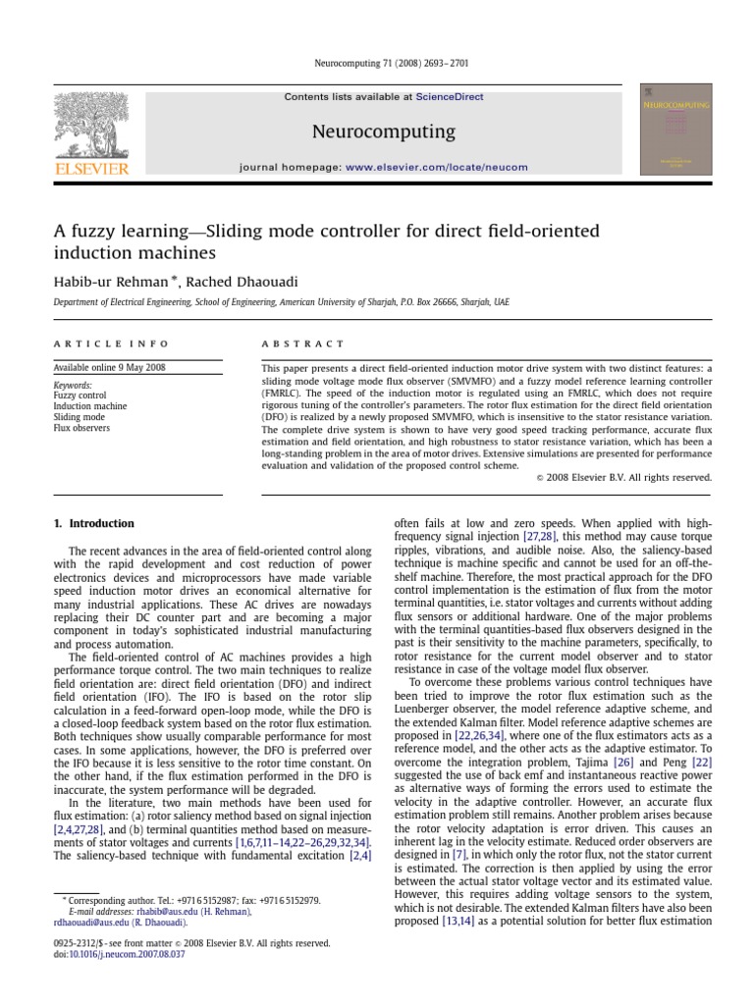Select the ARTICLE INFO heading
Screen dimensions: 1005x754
111,344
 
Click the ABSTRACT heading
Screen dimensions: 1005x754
303,344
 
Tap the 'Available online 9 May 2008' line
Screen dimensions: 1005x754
110,368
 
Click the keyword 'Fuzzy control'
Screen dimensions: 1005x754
80,397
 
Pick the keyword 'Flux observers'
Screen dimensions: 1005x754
82,429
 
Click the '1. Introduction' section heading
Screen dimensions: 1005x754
94,524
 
